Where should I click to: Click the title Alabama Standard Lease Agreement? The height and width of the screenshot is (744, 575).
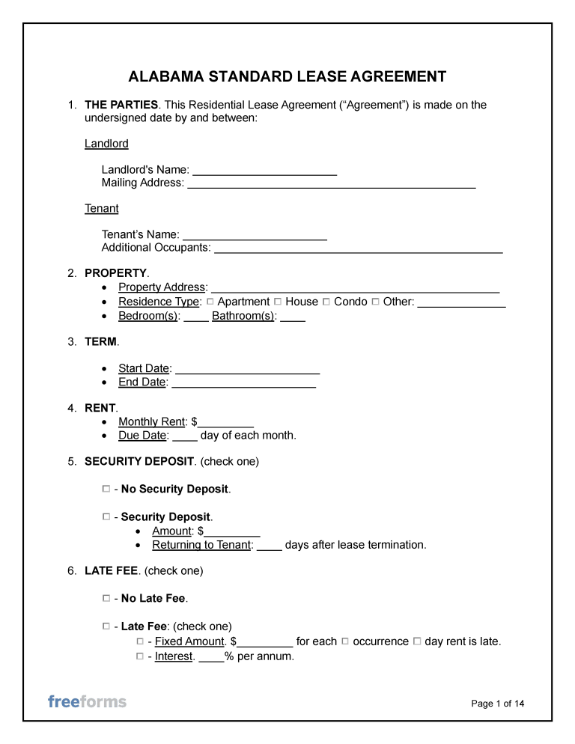coord(287,77)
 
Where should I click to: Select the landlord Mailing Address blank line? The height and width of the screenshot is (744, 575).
coord(331,183)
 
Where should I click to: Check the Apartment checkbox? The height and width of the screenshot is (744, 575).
coord(210,302)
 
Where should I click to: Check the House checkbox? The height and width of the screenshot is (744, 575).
coord(278,302)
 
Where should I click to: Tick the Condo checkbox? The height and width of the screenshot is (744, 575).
coord(326,302)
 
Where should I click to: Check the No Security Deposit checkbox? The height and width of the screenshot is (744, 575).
coord(106,489)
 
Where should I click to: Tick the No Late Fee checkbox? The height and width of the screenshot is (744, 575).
coord(106,599)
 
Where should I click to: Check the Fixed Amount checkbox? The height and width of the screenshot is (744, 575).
coord(140,641)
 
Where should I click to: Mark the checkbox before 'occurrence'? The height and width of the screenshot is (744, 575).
coord(345,641)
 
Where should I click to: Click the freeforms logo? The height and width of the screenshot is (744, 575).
coord(87,701)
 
